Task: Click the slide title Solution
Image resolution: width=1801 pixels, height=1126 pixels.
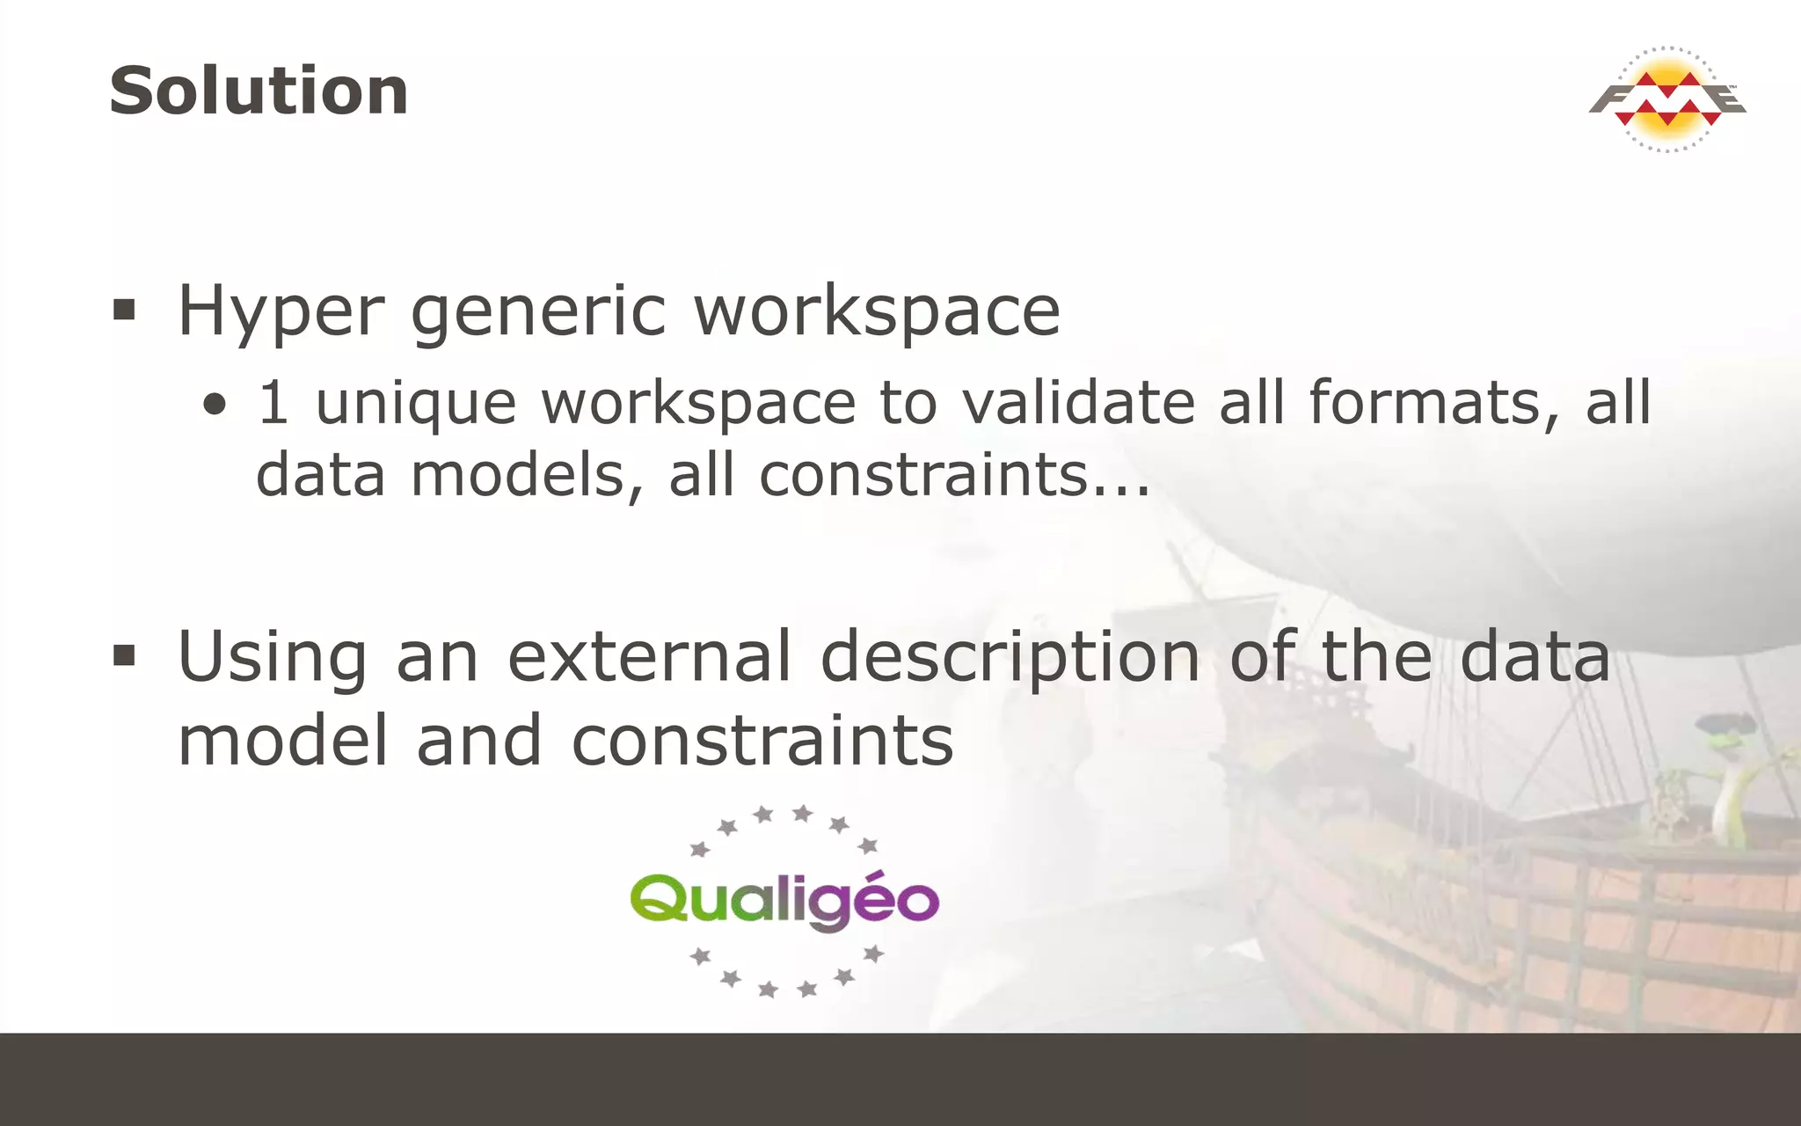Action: coord(259,91)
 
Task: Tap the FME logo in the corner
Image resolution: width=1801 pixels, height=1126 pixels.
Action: coord(1667,99)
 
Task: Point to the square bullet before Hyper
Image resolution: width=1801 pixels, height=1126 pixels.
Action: coord(124,310)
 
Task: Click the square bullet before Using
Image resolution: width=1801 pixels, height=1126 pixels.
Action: coord(124,655)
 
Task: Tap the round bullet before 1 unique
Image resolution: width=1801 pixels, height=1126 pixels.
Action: coord(215,406)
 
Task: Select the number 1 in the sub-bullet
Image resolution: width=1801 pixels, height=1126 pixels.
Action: coord(273,403)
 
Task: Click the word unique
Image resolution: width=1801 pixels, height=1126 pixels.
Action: coord(415,405)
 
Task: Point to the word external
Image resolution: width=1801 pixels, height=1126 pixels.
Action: coord(650,657)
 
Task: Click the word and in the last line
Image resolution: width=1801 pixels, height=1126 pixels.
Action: coord(478,741)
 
